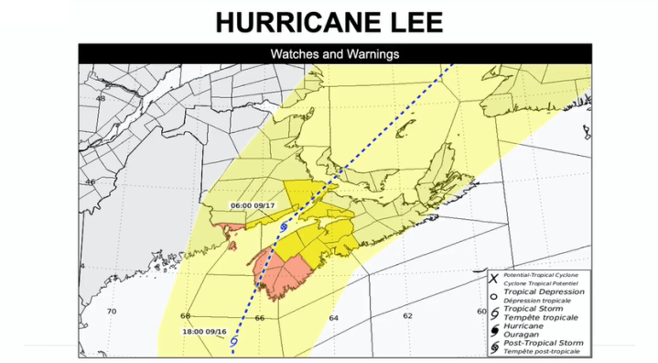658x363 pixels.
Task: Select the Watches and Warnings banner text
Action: tap(334, 54)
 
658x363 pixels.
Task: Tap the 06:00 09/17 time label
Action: tap(253, 204)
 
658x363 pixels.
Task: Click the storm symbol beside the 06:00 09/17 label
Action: tap(284, 225)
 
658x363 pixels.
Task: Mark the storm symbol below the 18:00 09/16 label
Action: tap(235, 340)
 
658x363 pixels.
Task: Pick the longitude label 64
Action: tap(332, 318)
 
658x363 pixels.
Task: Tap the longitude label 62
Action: tap(407, 315)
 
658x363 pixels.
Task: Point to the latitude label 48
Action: tap(101, 99)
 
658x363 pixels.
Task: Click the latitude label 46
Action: tap(90, 181)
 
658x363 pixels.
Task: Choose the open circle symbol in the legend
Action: tap(492, 296)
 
